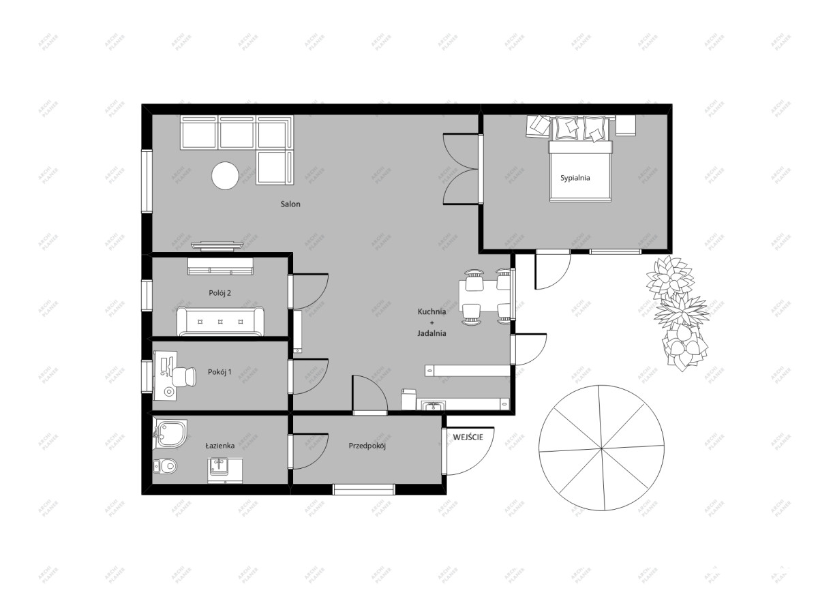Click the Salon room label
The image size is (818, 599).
pos(290,204)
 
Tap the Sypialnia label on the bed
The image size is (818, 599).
pos(575,178)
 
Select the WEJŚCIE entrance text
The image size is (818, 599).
pos(468,437)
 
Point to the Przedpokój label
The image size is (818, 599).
pos(367,446)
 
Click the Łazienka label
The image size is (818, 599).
pos(219,445)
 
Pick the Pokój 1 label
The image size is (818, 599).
pos(219,372)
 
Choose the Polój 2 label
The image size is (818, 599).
pos(219,293)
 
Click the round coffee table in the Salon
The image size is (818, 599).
pos(226,176)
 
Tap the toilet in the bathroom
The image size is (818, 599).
pos(165,465)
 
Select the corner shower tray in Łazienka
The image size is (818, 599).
pos(170,434)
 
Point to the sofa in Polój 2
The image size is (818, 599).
pos(220,321)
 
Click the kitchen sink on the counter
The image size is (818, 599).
pos(434,406)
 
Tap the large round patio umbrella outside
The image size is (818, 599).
pos(601,448)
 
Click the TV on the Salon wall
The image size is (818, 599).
pos(217,247)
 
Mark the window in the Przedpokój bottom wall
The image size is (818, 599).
pos(364,489)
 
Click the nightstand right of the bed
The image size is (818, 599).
pos(626,125)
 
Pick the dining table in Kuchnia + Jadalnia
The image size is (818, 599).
pos(484,295)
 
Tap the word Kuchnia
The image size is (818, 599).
pos(431,311)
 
